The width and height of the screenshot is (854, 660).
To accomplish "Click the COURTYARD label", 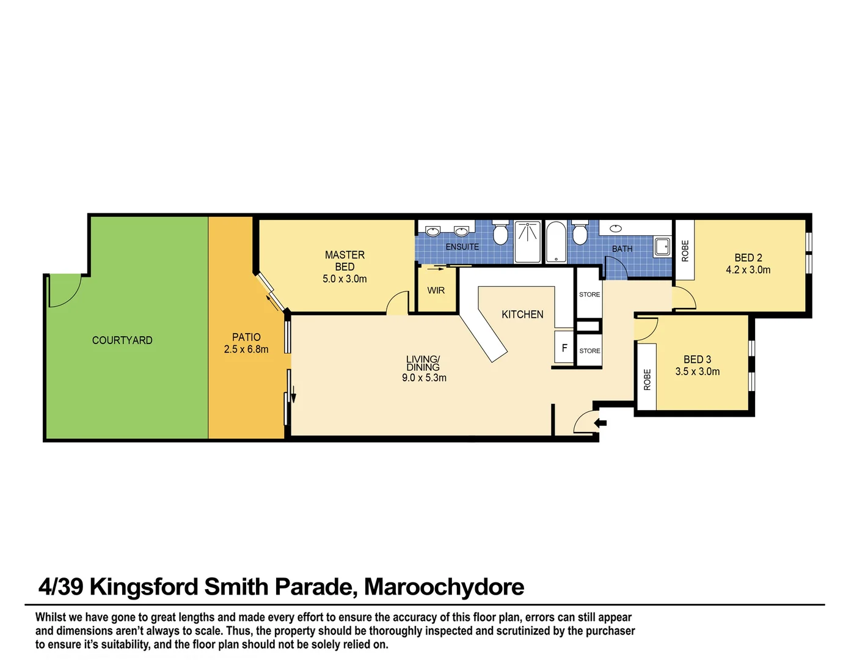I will pyautogui.click(x=122, y=340).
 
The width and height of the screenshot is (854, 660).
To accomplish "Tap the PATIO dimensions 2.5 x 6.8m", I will pyautogui.click(x=246, y=350).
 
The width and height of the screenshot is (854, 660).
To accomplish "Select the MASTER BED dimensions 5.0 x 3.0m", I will pyautogui.click(x=345, y=279).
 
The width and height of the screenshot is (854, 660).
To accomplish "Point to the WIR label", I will pyautogui.click(x=436, y=290).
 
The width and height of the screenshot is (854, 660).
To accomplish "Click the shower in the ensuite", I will pyautogui.click(x=527, y=242).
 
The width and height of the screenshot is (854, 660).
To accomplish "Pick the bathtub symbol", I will pyautogui.click(x=556, y=242).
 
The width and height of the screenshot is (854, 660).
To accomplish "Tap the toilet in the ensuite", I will pyautogui.click(x=500, y=233).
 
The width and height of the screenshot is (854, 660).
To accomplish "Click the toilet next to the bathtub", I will pyautogui.click(x=580, y=233).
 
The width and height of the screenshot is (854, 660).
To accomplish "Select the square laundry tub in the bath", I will pyautogui.click(x=662, y=246).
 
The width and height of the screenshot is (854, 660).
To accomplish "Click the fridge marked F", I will pyautogui.click(x=564, y=348).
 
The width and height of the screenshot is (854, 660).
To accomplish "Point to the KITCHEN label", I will pyautogui.click(x=522, y=314).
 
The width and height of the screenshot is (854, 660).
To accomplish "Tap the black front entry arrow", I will pyautogui.click(x=600, y=422).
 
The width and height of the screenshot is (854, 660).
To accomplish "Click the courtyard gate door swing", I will pyautogui.click(x=65, y=291).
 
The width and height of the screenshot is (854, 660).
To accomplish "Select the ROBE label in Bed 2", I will pyautogui.click(x=685, y=251).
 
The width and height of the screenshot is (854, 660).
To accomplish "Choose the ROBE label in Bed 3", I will pyautogui.click(x=647, y=380).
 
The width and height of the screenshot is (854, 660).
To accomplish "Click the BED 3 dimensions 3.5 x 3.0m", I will pyautogui.click(x=697, y=372).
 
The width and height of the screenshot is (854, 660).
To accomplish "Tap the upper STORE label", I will pyautogui.click(x=589, y=295).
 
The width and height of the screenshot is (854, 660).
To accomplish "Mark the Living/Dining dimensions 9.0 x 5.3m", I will pyautogui.click(x=424, y=378).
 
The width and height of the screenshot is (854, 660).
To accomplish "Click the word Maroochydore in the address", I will pyautogui.click(x=444, y=587).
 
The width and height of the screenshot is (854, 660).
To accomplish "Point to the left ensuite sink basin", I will pyautogui.click(x=433, y=231).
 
